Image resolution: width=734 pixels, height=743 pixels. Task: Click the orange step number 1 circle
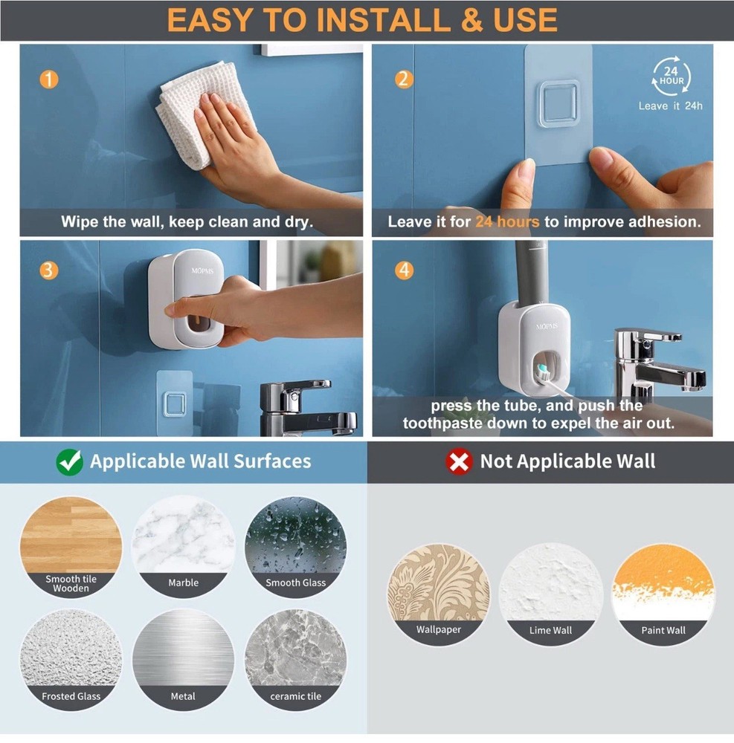click(x=48, y=78)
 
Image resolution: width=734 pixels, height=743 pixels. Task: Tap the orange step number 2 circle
click(x=404, y=79)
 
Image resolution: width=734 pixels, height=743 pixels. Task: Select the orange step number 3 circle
click(x=48, y=270)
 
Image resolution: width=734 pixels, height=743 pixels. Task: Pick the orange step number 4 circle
click(x=404, y=270)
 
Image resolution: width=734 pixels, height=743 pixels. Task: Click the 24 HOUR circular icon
click(x=671, y=77)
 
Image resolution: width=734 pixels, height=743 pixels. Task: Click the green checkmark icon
click(x=69, y=461)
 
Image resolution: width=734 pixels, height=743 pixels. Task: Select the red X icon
click(x=459, y=461)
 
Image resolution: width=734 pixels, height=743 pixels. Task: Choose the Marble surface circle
click(x=183, y=546)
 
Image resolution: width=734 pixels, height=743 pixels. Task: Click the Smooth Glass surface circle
click(x=295, y=546)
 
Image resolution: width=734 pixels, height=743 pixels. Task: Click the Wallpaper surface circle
click(x=439, y=594)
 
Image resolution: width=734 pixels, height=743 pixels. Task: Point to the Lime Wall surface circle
click(x=550, y=594)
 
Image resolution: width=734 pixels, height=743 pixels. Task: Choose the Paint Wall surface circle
click(x=663, y=594)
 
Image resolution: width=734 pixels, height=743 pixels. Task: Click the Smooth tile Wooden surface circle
click(x=71, y=546)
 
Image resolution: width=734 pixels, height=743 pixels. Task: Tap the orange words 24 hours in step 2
click(x=507, y=221)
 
